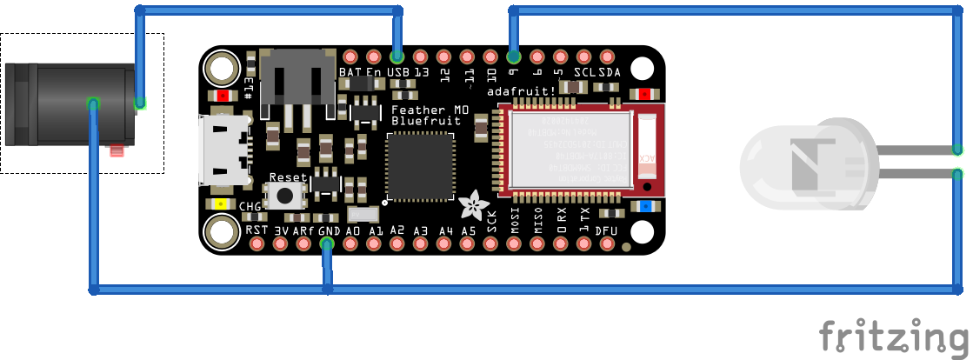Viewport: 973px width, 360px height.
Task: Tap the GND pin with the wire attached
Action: point(327,243)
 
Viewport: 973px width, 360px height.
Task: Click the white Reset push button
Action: point(286,195)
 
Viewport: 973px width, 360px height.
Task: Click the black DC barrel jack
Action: point(70,104)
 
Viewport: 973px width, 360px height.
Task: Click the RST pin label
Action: point(257,230)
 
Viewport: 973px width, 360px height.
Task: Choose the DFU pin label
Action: point(607,230)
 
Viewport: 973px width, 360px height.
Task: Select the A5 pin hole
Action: point(468,243)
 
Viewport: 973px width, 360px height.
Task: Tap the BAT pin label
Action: point(350,72)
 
